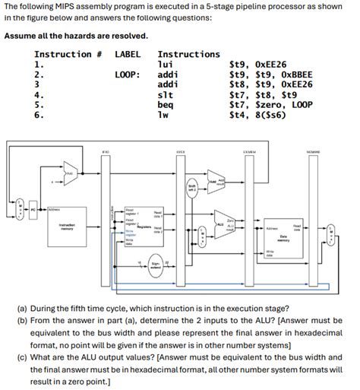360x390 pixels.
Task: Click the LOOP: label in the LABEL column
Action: click(127, 76)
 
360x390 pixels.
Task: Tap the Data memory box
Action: click(282, 235)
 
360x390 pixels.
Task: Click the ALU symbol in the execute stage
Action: click(223, 225)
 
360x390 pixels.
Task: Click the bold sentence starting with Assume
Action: click(76, 36)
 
